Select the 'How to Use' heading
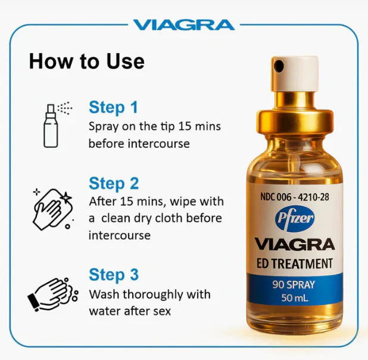(86, 61)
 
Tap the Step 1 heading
(113, 107)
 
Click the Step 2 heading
(114, 183)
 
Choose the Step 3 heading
(114, 275)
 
